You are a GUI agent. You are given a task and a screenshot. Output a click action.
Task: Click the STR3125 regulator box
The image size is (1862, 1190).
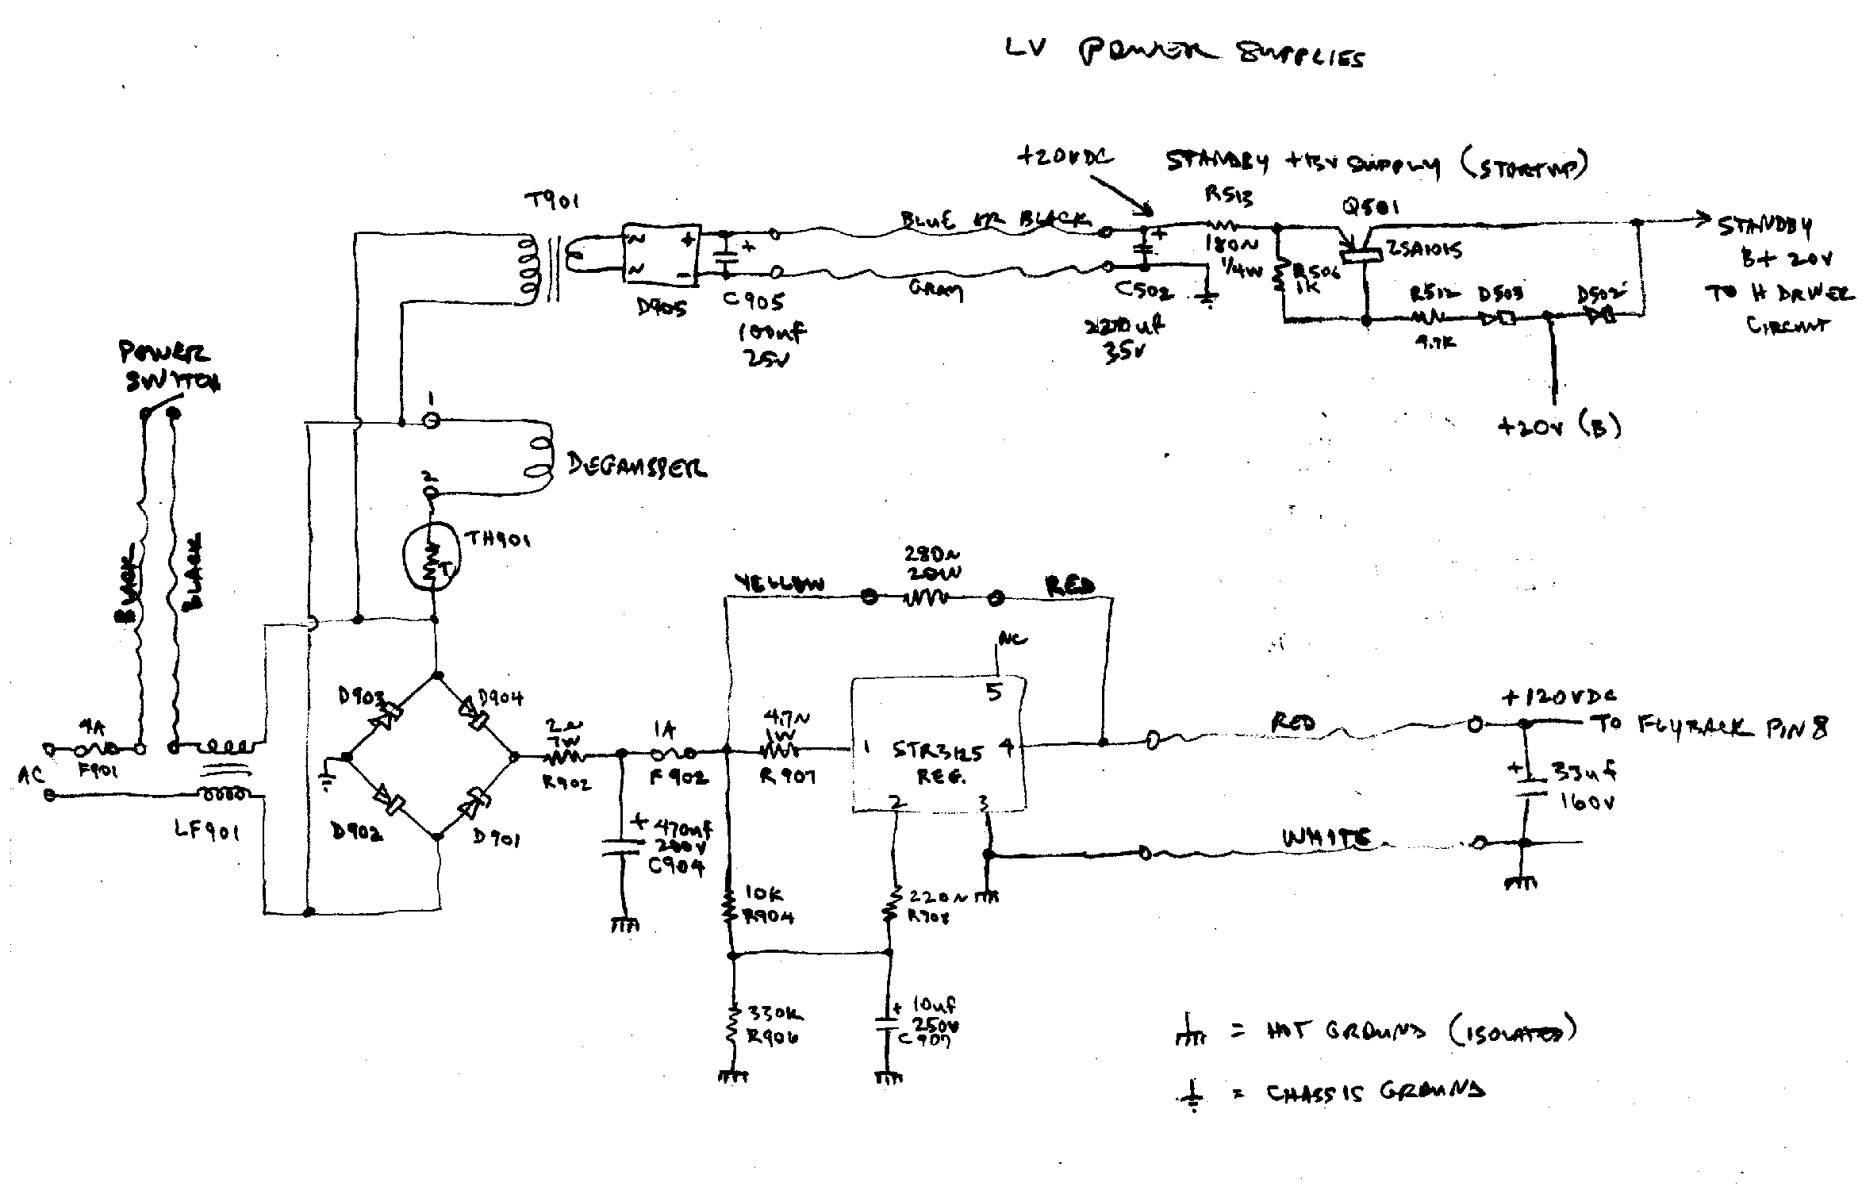[939, 744]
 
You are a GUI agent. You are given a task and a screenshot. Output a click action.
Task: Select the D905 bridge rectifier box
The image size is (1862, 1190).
[659, 254]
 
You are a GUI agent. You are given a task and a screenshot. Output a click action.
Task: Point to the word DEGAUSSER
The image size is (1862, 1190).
[637, 466]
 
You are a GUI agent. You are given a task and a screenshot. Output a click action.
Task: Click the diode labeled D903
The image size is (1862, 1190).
[385, 710]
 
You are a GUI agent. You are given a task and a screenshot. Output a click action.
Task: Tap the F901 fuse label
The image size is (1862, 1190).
[98, 771]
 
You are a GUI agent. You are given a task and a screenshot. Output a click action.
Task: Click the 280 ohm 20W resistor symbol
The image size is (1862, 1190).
[933, 597]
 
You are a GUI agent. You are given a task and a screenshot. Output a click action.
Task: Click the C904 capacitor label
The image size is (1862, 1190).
[676, 867]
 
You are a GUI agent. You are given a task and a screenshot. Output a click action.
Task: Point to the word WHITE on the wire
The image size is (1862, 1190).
[1326, 839]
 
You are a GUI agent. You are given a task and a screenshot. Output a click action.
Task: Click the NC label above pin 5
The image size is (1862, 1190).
[1012, 639]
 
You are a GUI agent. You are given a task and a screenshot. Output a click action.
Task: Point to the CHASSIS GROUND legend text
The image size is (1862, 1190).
[1375, 1093]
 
